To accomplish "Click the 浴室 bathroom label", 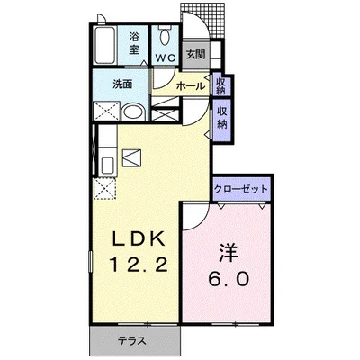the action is click(x=134, y=43).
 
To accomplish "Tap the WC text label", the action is click(x=165, y=58).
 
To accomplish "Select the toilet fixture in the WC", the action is click(x=165, y=36).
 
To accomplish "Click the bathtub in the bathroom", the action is click(x=104, y=45).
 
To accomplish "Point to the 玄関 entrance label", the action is click(x=195, y=55).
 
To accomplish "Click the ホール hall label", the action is click(x=191, y=86).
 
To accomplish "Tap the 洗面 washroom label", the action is click(x=122, y=85).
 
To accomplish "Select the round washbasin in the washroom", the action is click(x=133, y=112).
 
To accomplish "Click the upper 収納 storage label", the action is click(x=221, y=85).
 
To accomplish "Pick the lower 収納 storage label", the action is click(x=222, y=118).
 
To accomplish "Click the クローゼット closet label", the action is click(x=240, y=189).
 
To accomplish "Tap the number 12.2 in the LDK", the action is click(x=139, y=265).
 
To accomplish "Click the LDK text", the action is click(x=139, y=239).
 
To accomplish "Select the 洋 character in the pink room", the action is click(x=229, y=253).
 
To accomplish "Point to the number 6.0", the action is click(x=229, y=279).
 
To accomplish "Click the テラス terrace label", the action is click(x=132, y=341).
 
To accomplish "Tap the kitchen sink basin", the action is click(x=108, y=166).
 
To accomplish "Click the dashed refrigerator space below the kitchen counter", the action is click(x=104, y=188).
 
